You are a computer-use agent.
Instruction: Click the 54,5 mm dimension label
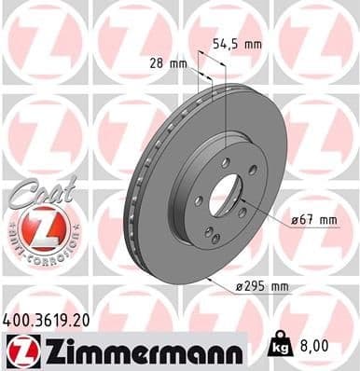pyautogui.click(x=262, y=43)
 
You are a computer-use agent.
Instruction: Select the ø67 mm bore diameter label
pyautogui.click(x=313, y=219)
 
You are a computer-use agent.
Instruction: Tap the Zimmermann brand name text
pyautogui.click(x=132, y=351)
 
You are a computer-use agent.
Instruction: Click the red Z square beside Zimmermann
pyautogui.click(x=20, y=351)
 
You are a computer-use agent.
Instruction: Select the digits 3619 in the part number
pyautogui.click(x=50, y=320)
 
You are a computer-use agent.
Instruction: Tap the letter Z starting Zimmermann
pyautogui.click(x=47, y=351)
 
